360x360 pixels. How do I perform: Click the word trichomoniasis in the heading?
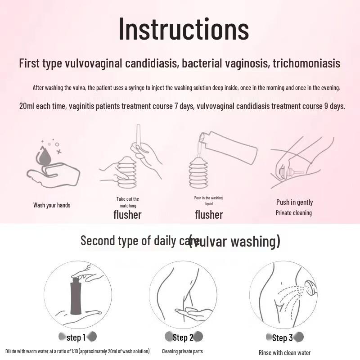point(306,63)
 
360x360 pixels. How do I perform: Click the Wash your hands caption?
point(52,205)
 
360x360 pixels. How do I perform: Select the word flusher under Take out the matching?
point(127,215)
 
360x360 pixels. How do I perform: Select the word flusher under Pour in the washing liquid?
point(209,215)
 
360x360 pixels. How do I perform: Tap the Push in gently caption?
point(294,202)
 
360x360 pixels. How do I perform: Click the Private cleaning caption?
point(293,213)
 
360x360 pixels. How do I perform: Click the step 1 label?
point(76,337)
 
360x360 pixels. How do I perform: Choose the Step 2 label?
point(183,337)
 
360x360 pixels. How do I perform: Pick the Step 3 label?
point(282,338)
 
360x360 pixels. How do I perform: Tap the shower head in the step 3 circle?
point(310,287)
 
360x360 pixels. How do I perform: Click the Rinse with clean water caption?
point(284,353)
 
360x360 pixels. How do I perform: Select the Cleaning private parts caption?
point(183,351)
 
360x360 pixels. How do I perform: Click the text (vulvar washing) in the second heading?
point(234,241)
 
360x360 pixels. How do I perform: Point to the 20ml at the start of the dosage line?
point(28,107)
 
